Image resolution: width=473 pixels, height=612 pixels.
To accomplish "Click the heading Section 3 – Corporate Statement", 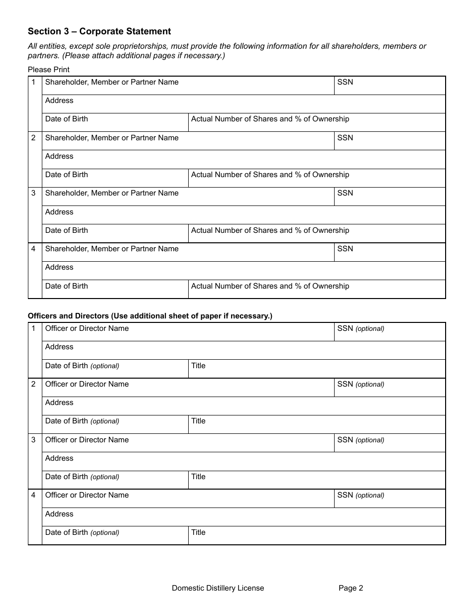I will pos(99,31).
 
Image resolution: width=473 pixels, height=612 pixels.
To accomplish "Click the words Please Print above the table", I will pos(49,70).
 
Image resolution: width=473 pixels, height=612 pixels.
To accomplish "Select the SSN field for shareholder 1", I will pos(389,86).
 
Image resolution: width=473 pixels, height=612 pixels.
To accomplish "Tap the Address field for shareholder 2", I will pos(243,160).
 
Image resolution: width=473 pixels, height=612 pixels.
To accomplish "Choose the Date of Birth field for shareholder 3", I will pos(115,233).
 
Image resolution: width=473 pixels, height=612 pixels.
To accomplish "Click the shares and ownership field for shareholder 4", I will pos(317,289).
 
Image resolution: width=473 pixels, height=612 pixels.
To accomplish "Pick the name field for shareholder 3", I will pos(188,197).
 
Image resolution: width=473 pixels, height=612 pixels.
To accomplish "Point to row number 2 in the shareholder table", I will pos(34,138).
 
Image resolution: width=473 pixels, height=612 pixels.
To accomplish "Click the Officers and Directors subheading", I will pos(150,316).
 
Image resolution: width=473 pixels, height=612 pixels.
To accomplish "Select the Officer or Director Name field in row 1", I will pos(188,332).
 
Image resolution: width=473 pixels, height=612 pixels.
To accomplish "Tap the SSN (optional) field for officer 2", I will pos(389,388).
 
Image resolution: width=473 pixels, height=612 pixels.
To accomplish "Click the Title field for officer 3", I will pos(317,480).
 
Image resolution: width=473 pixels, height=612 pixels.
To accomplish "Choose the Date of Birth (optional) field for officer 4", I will pos(115,535).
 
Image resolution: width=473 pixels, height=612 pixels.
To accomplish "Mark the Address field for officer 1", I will pos(243,350).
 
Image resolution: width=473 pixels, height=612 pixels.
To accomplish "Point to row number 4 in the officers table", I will pos(34,495).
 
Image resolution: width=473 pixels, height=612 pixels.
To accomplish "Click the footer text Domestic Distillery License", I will pos(218,588).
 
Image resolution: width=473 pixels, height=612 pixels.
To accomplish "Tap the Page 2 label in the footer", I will pos(351,588).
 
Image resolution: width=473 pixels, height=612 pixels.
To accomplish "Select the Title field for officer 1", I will pos(317,369).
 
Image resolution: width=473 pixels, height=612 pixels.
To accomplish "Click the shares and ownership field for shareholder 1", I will pos(317,122).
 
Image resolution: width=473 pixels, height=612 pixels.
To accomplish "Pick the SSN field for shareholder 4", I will pos(389,252).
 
